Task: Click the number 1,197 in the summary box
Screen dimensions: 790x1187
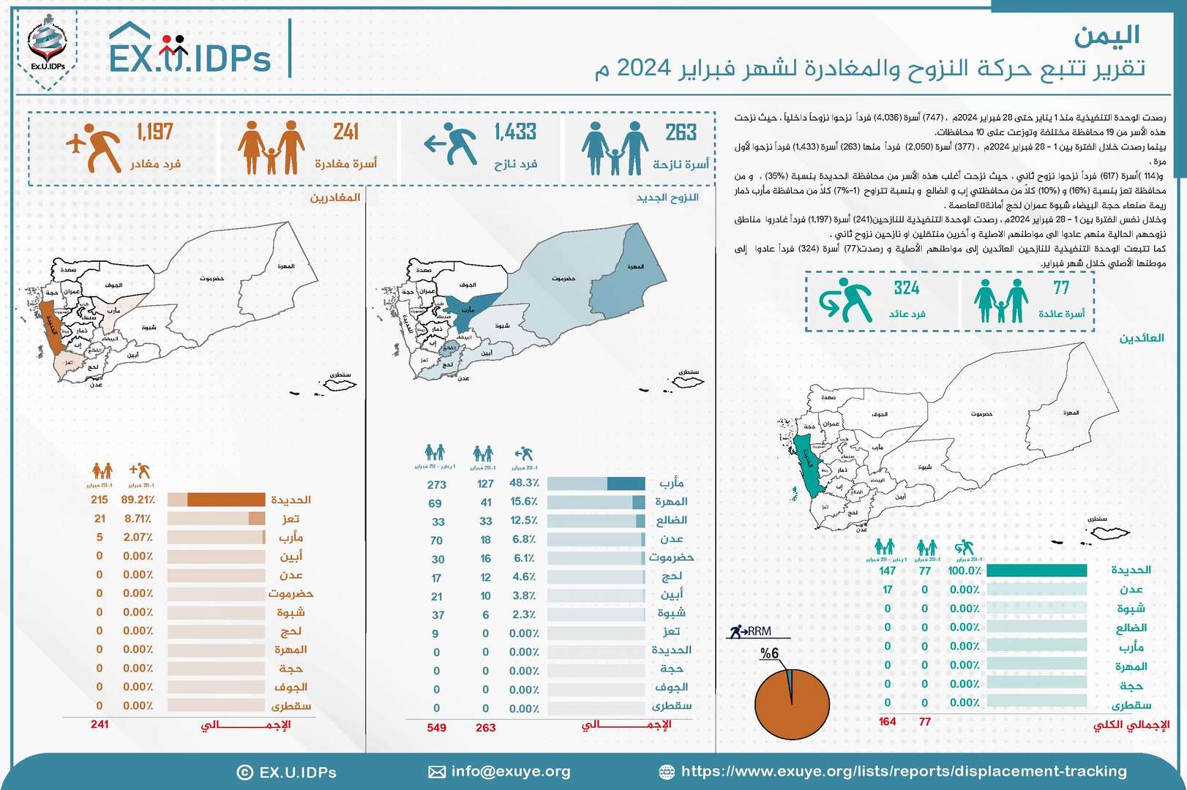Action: tap(154, 132)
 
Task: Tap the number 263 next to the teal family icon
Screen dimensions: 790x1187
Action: tap(681, 133)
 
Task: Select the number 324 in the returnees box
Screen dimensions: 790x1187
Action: tap(906, 288)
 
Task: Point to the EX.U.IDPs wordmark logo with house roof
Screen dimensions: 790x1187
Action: tap(190, 50)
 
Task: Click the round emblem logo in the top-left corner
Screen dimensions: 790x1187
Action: tap(47, 46)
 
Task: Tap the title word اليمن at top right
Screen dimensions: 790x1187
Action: tap(1107, 35)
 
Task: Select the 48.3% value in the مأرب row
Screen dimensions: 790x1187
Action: tap(524, 483)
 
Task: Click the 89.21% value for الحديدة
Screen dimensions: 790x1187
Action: tap(138, 500)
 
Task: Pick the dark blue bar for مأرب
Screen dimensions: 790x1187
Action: tap(626, 484)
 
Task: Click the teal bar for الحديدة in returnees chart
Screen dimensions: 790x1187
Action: tap(1036, 571)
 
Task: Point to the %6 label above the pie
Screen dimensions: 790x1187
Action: tap(769, 654)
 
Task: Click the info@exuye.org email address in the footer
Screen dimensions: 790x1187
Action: tap(510, 771)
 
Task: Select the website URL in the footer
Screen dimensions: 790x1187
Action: tap(903, 771)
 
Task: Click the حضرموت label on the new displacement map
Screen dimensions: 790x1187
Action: tap(563, 279)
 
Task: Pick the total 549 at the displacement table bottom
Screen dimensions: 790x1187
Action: tap(436, 728)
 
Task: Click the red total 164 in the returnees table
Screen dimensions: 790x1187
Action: tap(887, 722)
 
